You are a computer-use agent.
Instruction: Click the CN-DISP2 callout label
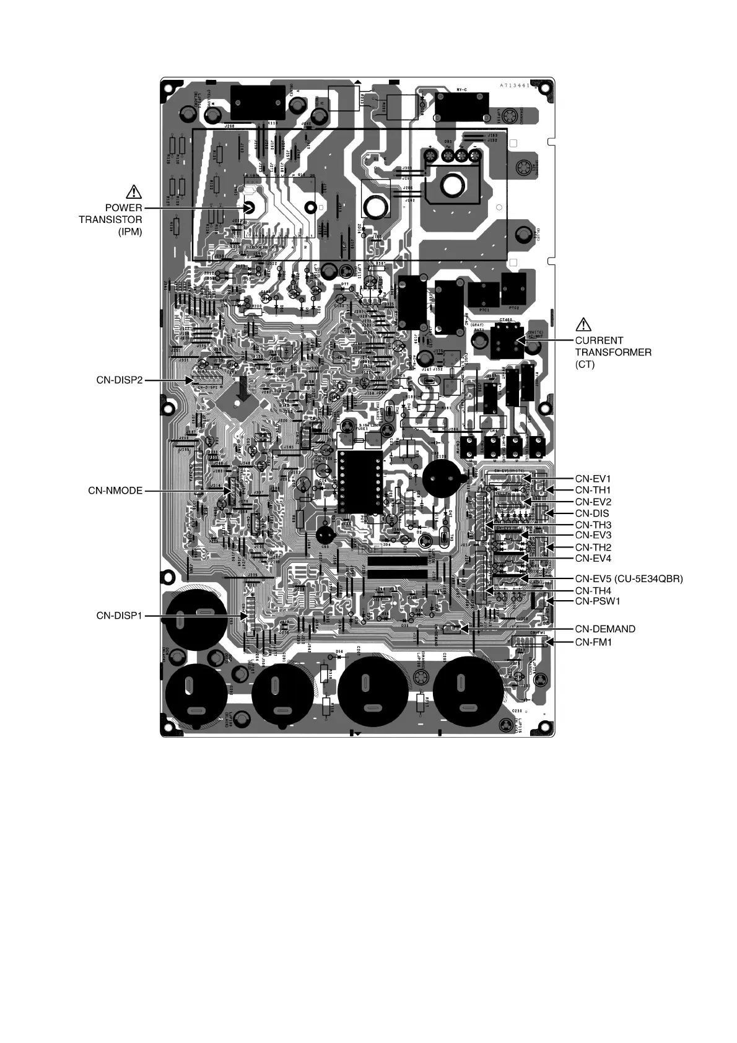click(119, 380)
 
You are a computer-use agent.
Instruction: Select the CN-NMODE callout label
click(115, 491)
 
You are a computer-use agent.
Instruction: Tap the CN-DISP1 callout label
click(119, 616)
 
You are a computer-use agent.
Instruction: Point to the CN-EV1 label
click(593, 479)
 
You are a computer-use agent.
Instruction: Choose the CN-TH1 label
click(593, 490)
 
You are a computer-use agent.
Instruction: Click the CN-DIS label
click(591, 513)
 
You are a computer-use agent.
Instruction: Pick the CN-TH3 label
click(593, 525)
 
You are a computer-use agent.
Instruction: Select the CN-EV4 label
click(593, 559)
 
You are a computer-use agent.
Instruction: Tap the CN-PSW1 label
click(598, 601)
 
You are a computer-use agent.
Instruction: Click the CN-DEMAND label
click(605, 629)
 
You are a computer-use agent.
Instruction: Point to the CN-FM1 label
click(593, 642)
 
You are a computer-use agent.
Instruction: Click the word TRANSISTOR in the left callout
click(110, 220)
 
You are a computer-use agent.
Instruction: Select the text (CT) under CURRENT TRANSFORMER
click(585, 364)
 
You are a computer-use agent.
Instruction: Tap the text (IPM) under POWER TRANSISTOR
click(130, 232)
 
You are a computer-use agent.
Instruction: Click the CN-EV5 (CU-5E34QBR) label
click(629, 579)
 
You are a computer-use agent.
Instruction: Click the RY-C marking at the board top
click(462, 90)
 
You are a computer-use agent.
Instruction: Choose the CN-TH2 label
click(593, 548)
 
